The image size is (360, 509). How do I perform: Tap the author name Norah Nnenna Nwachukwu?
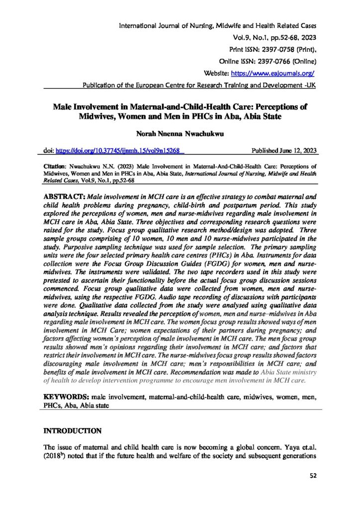click(180, 134)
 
